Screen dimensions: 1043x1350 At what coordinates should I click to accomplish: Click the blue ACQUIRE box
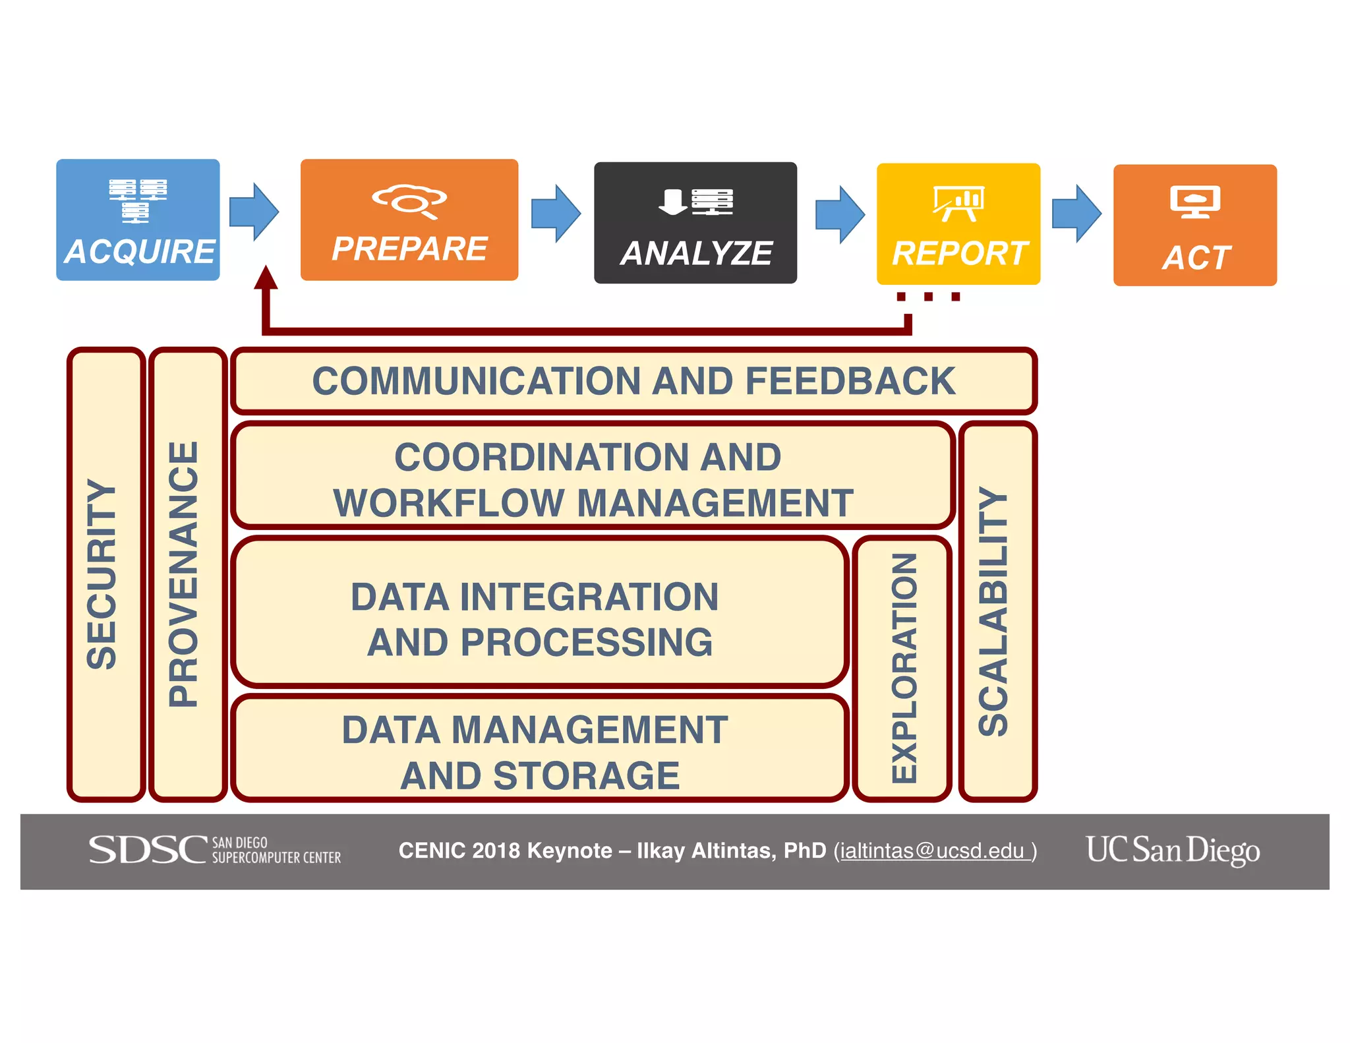click(138, 220)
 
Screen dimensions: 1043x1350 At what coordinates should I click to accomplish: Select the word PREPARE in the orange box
click(409, 249)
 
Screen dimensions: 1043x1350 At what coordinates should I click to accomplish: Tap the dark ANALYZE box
click(695, 223)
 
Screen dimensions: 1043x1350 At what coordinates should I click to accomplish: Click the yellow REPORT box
click(958, 224)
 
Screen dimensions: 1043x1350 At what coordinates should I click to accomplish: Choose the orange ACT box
click(1194, 225)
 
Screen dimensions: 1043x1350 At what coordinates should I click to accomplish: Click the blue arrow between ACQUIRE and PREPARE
click(254, 212)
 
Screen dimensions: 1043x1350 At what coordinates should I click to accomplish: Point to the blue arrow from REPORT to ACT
click(1076, 214)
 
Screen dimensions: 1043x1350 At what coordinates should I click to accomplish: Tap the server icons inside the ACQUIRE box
click(138, 199)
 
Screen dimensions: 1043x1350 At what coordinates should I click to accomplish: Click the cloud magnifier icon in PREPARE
click(409, 200)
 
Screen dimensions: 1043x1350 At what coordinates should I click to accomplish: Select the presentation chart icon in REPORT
click(958, 203)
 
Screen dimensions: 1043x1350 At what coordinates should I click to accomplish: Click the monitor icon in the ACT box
click(1194, 201)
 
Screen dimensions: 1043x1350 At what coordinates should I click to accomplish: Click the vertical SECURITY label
click(102, 574)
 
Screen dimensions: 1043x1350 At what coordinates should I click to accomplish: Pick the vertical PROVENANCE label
click(184, 574)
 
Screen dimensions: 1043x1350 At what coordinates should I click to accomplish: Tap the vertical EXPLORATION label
click(904, 667)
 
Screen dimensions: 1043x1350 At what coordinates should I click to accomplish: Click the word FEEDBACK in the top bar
click(850, 381)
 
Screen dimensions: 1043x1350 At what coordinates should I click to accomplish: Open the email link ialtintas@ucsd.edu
click(932, 850)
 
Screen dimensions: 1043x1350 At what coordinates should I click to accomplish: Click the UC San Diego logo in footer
click(1173, 850)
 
